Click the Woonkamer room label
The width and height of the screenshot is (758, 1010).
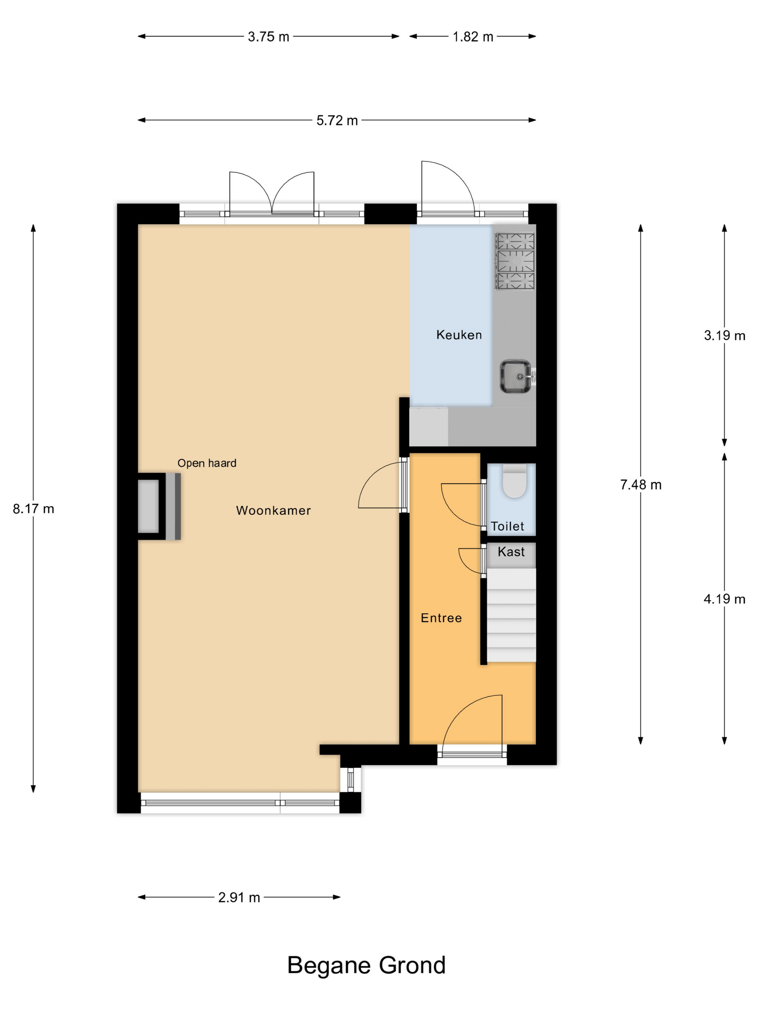[273, 510]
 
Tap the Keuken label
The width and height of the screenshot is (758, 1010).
[459, 335]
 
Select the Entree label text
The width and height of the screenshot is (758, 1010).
[441, 618]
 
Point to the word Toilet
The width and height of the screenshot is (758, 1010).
[507, 526]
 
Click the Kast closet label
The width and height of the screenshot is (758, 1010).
[511, 552]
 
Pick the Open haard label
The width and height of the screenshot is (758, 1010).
[206, 463]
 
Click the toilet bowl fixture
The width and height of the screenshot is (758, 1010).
[514, 481]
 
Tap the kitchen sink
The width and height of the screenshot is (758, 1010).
[515, 377]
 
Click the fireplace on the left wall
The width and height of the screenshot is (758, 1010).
[160, 506]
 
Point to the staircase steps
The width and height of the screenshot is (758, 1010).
[511, 615]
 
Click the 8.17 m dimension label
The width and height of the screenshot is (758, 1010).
[33, 509]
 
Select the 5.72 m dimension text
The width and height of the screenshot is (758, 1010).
[337, 120]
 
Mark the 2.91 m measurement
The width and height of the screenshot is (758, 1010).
[239, 897]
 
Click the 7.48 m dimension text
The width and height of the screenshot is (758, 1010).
[641, 484]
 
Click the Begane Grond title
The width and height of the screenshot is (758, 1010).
[366, 965]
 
